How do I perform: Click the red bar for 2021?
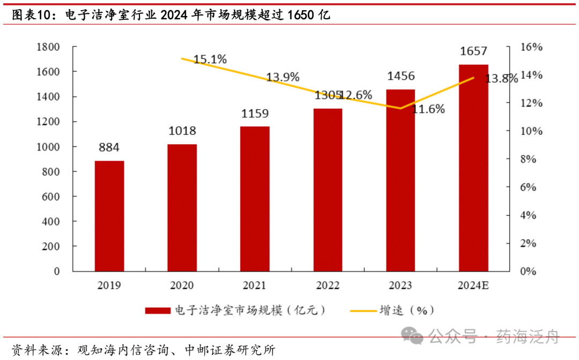click(x=255, y=199)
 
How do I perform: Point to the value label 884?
click(x=109, y=148)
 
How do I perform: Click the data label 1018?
click(x=182, y=131)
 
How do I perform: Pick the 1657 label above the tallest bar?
click(x=473, y=51)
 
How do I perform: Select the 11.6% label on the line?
click(x=429, y=109)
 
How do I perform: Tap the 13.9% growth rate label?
click(x=283, y=77)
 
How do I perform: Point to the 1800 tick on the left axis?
click(x=48, y=47)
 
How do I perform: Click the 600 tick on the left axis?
click(x=51, y=197)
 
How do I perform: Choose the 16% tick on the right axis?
click(x=531, y=47)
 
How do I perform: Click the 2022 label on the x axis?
click(x=328, y=286)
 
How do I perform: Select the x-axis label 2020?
click(x=182, y=286)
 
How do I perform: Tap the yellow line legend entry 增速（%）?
click(x=391, y=311)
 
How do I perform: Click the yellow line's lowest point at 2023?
click(x=400, y=108)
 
